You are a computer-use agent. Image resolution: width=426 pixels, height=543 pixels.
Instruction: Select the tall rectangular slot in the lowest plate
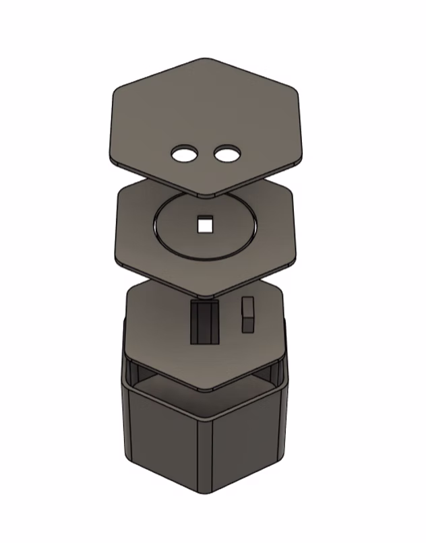[x=205, y=323]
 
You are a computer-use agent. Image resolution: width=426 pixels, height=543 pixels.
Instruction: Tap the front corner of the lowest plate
[x=210, y=390]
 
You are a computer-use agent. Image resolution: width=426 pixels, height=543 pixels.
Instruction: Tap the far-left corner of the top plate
[x=110, y=158]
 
